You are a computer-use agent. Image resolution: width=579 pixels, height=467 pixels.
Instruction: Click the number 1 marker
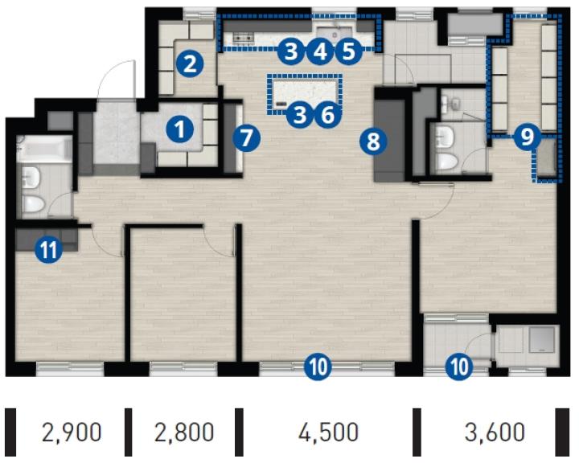180,129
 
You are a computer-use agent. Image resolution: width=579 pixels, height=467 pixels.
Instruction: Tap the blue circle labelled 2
190,64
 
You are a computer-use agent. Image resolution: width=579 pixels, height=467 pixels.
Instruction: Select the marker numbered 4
320,51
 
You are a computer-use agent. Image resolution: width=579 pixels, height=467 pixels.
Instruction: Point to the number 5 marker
348,51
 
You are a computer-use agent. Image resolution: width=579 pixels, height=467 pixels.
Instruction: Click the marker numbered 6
327,115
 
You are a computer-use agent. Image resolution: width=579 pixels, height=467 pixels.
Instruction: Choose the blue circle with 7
247,138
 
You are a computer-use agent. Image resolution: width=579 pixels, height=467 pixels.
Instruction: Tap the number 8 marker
373,141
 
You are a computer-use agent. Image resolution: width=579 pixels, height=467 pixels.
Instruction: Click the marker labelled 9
528,137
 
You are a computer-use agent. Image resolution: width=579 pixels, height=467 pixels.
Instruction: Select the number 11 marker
48,250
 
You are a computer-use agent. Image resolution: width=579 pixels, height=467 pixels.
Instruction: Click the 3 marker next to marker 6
299,115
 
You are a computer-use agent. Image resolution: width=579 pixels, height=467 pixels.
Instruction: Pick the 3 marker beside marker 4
291,51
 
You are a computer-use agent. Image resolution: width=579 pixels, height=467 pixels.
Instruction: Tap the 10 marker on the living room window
318,367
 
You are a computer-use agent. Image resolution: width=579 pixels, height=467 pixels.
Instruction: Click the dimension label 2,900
72,432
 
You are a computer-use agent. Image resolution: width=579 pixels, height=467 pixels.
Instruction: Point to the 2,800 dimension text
184,432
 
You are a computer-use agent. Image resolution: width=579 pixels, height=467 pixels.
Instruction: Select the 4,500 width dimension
328,432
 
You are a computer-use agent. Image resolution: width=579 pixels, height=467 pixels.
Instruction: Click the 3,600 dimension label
495,432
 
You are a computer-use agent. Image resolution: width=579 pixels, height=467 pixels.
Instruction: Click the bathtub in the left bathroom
45,149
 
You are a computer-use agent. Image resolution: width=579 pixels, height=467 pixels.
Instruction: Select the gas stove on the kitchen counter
244,37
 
